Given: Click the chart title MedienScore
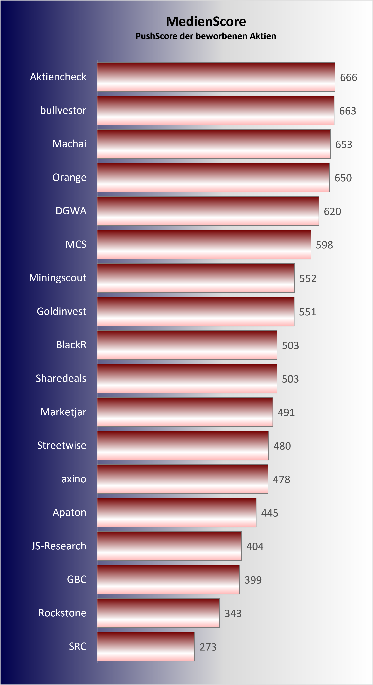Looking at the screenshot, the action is [x=206, y=22].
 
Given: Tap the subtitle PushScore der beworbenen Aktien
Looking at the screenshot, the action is [x=206, y=36].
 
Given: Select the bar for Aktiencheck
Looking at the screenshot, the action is [x=216, y=77].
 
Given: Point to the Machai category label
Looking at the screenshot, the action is [x=69, y=144].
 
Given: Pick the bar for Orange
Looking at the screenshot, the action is [x=213, y=177].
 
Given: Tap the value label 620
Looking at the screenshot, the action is [x=332, y=211].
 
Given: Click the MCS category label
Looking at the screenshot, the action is [x=76, y=244].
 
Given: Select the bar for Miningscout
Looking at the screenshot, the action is [x=196, y=278].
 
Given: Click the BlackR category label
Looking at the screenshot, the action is [x=71, y=345].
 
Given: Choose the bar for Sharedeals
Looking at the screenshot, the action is [x=187, y=378].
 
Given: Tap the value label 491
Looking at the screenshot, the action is [x=286, y=412].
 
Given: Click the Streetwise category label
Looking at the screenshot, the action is [x=62, y=445].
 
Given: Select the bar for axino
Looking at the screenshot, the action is [x=183, y=479].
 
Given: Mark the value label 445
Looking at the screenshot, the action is [x=270, y=513].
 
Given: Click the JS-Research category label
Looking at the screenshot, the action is [x=59, y=546].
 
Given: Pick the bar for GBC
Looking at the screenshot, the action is [x=168, y=579].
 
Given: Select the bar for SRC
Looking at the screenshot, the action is [x=146, y=646].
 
